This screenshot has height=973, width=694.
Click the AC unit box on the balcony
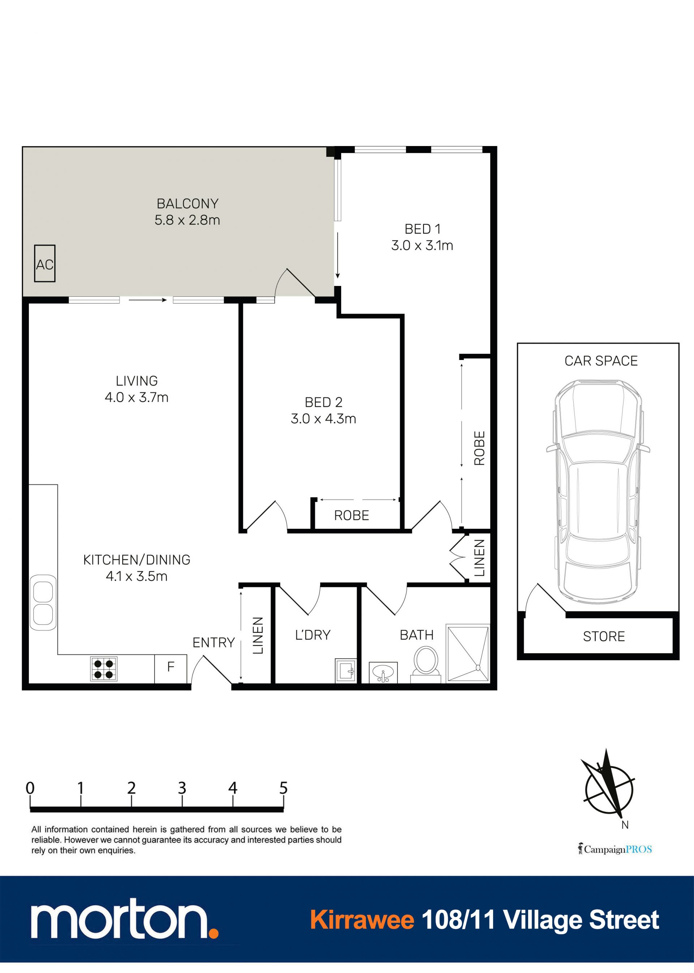point(45,263)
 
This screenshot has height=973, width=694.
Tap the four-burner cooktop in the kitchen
point(104,669)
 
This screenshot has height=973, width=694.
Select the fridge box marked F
point(171,669)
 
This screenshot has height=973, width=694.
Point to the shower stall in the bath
point(467,653)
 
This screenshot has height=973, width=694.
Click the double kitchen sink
point(43,603)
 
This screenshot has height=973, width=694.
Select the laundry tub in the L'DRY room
point(346,670)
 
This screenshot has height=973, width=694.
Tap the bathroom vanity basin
point(383,673)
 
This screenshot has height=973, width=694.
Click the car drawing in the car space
point(598,492)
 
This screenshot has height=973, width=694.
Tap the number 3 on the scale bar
point(182,788)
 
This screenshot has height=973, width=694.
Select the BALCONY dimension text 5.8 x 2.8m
point(187,220)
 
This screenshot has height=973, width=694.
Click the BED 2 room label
point(324,402)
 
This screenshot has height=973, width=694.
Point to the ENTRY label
point(214,643)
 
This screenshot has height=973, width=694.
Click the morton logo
point(124,924)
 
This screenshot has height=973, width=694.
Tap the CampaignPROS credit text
point(615,849)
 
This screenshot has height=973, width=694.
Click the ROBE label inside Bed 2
point(351,515)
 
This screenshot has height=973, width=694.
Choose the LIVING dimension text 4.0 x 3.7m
point(137,397)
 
